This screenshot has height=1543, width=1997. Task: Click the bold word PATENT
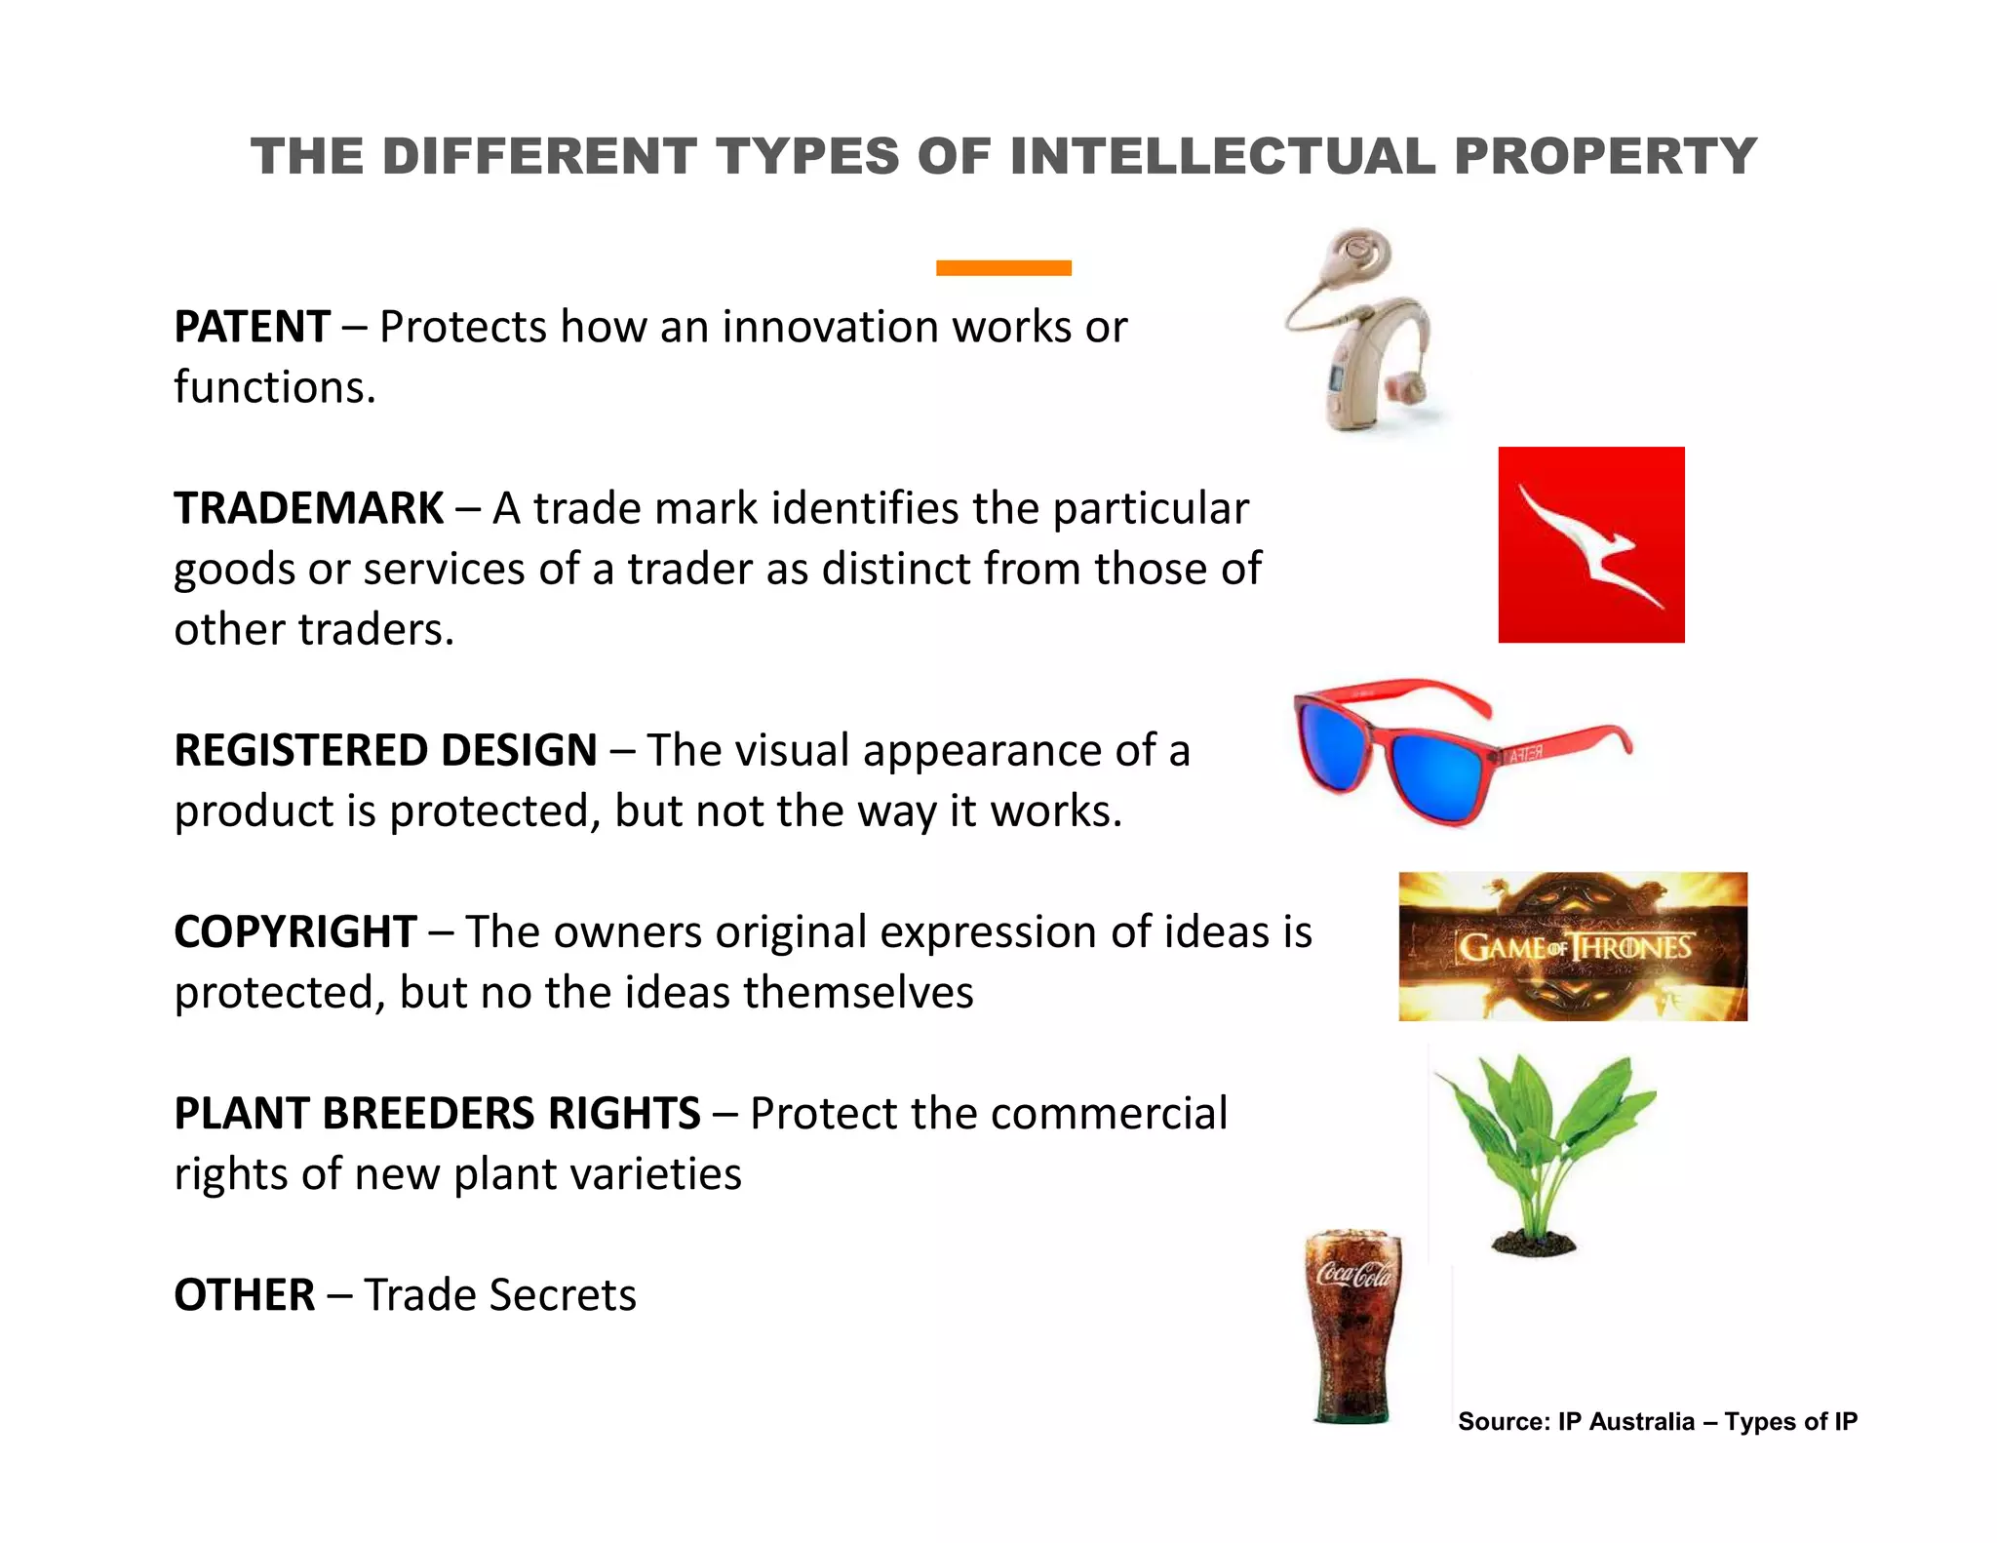(x=252, y=327)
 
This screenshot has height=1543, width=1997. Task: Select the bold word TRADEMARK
(x=308, y=508)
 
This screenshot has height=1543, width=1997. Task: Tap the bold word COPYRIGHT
(x=295, y=931)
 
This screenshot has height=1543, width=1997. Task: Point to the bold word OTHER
(x=244, y=1295)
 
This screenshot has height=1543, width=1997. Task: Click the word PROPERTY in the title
(x=1605, y=156)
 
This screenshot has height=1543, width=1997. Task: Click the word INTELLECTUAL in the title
(x=1223, y=156)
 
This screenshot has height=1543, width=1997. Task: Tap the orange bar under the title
(x=1003, y=268)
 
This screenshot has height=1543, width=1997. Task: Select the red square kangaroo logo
(x=1591, y=544)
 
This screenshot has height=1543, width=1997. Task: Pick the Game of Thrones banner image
(x=1573, y=946)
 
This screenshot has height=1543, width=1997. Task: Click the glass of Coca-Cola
(x=1353, y=1326)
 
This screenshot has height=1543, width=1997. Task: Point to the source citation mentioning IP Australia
(x=1658, y=1421)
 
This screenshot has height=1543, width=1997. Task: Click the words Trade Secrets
(x=500, y=1295)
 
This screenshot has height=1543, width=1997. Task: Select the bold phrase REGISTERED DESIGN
(x=385, y=750)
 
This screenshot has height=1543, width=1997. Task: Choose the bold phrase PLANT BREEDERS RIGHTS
(x=437, y=1114)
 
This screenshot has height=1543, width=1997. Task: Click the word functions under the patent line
(x=273, y=387)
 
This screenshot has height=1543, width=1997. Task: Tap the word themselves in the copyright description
(x=858, y=993)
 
